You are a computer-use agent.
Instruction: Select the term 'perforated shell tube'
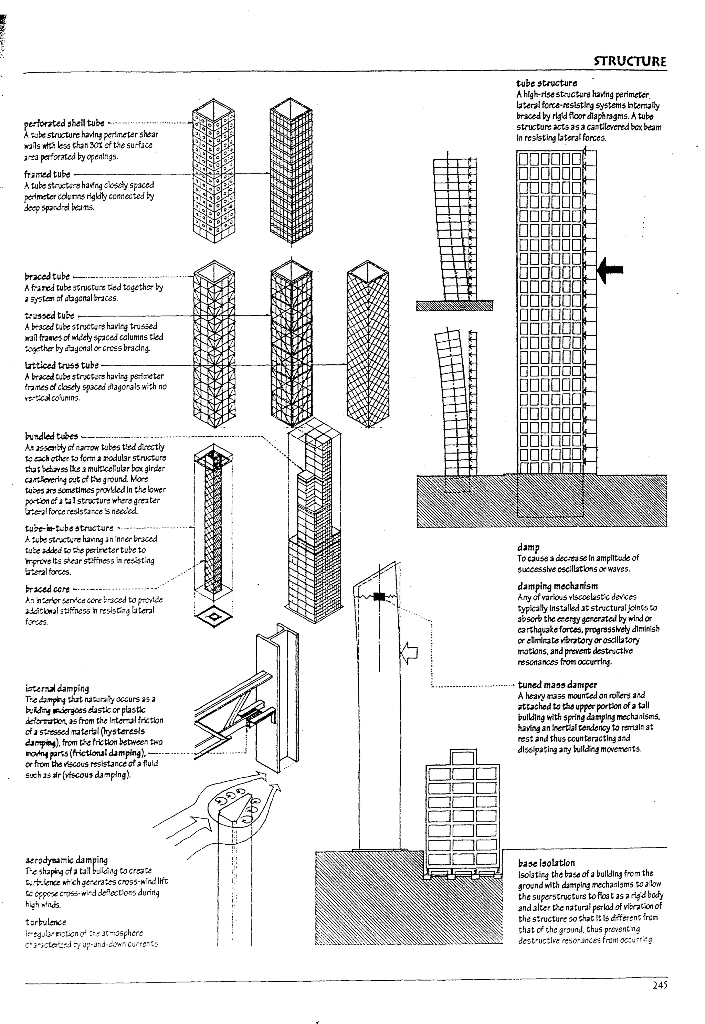click(64, 123)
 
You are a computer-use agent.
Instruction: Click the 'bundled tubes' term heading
click(51, 436)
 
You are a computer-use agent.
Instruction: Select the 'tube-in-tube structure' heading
click(69, 528)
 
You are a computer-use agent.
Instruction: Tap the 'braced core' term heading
click(47, 589)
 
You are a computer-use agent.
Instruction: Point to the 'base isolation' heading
click(546, 863)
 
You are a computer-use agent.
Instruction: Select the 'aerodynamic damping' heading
click(67, 860)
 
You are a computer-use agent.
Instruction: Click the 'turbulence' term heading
click(45, 922)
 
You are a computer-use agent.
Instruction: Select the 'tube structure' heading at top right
click(546, 83)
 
